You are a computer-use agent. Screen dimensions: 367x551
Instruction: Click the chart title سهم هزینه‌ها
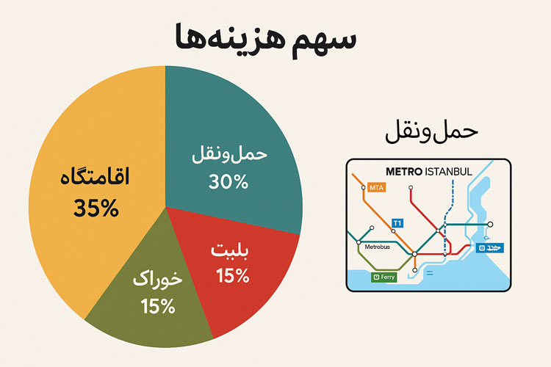(266, 39)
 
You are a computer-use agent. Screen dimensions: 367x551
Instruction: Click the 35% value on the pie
(96, 208)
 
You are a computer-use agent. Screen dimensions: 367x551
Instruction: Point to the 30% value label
(229, 181)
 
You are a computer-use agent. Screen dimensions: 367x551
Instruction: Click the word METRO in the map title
(403, 172)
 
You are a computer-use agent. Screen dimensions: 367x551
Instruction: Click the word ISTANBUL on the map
(448, 172)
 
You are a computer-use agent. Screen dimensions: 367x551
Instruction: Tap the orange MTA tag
(377, 188)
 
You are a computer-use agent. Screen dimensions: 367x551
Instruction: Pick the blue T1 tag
(397, 222)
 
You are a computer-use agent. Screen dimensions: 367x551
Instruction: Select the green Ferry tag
(385, 277)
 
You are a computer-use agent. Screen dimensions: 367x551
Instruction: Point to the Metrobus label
(381, 247)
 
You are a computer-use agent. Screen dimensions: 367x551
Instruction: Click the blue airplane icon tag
(486, 248)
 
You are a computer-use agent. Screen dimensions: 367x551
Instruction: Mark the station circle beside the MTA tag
(364, 188)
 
